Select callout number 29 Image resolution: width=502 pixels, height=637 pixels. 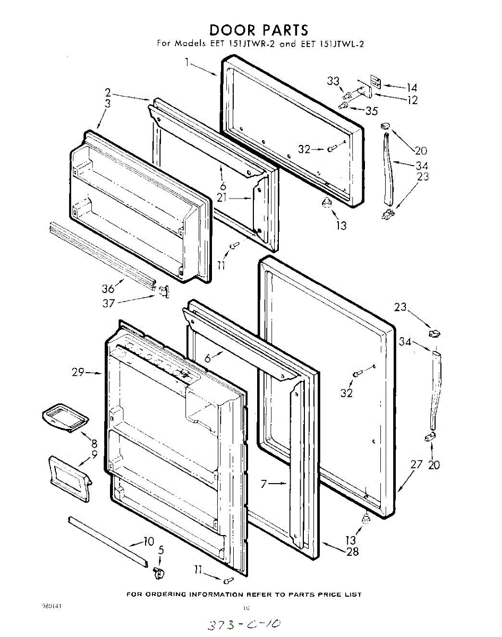click(x=79, y=373)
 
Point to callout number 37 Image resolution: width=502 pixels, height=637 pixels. click(x=109, y=303)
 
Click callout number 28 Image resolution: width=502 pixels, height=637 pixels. click(x=352, y=552)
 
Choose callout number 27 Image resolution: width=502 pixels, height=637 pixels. click(x=416, y=464)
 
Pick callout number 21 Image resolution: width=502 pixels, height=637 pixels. click(x=223, y=197)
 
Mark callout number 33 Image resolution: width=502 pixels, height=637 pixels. click(x=333, y=81)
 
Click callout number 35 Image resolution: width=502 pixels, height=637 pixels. click(x=371, y=110)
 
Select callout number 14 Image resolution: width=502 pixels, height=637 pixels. click(x=412, y=88)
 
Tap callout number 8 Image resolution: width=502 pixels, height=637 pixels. click(x=93, y=443)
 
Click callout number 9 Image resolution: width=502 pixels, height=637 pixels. click(x=94, y=454)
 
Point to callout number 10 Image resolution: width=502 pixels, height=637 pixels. click(x=148, y=541)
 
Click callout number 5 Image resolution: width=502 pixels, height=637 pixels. click(x=161, y=550)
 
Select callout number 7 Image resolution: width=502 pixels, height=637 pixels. click(x=266, y=484)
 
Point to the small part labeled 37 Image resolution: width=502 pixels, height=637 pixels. click(x=164, y=290)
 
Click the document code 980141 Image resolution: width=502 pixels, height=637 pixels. click(x=51, y=606)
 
